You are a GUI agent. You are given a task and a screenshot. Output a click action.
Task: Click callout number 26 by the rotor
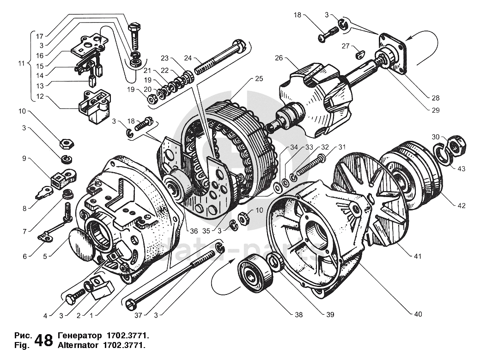278,58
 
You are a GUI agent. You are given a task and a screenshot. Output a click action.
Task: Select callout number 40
418,315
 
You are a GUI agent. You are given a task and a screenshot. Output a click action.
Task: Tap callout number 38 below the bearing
299,315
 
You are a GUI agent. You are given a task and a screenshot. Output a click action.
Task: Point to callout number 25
259,79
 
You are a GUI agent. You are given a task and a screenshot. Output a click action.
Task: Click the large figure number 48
43,340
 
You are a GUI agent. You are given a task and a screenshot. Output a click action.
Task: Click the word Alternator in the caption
73,345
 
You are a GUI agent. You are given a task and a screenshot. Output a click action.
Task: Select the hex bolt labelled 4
73,297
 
